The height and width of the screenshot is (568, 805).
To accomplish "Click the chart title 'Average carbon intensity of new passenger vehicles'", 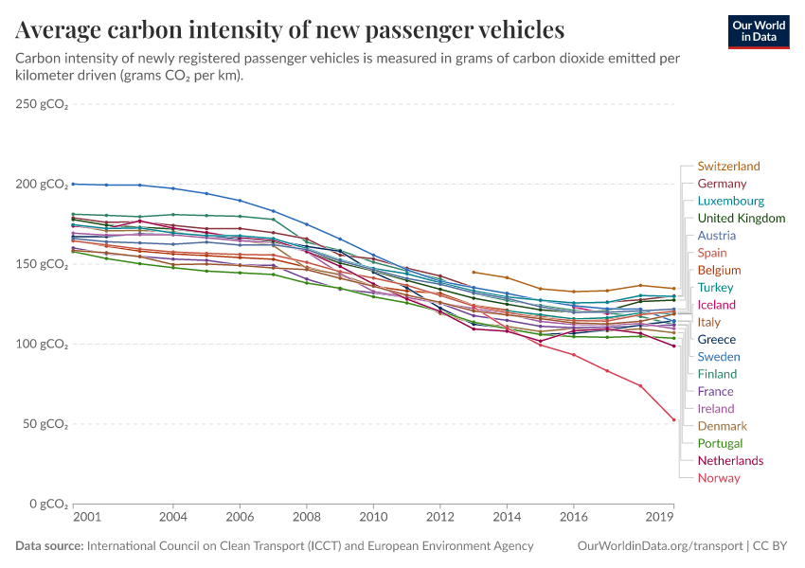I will coord(290,30).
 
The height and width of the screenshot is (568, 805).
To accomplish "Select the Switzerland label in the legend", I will coord(728,167).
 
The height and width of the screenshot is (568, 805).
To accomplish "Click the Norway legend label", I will coord(718,478).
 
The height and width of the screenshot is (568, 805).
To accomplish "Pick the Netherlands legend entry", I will coord(730,461).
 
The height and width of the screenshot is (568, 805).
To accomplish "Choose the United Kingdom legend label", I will coord(741,219).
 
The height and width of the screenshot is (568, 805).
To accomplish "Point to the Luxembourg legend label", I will coord(730,201).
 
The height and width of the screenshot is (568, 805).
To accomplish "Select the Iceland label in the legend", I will coord(716,305).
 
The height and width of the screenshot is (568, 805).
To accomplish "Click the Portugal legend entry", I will coord(720,443).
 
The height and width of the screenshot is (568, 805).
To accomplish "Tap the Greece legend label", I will coord(716,340).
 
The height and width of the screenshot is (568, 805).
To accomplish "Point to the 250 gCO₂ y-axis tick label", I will coord(42,104).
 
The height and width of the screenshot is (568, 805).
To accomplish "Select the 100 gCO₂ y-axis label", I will coord(42,344).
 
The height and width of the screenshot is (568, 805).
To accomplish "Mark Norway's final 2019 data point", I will coord(673,419).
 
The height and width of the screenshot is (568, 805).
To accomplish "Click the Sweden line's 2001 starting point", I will coord(74,184).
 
